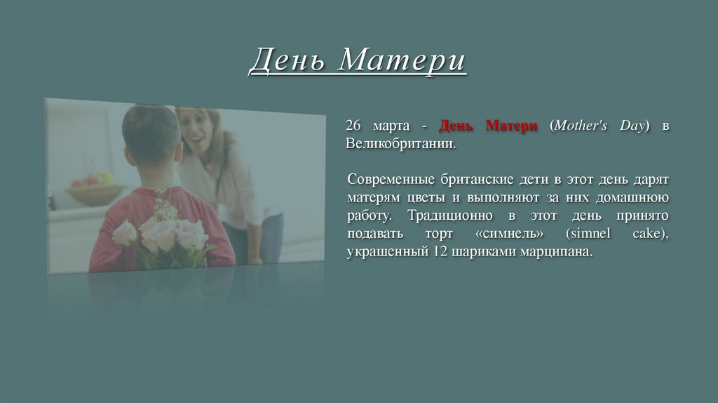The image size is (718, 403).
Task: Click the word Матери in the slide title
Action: tap(402, 60)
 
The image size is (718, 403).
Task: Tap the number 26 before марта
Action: tap(353, 126)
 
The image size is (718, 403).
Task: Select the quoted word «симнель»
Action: tap(513, 234)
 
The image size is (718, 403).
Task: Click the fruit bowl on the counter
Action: tap(95, 188)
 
